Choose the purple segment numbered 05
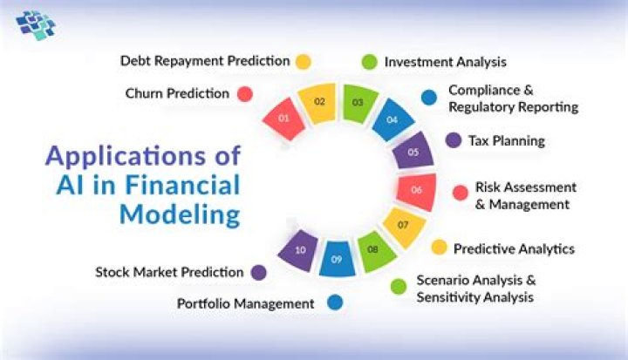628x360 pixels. click(x=412, y=152)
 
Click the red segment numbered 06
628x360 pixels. click(x=415, y=189)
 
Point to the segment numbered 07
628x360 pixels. click(x=402, y=226)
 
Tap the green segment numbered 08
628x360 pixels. click(x=372, y=251)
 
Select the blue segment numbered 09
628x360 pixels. click(x=336, y=259)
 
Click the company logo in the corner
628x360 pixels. click(x=36, y=26)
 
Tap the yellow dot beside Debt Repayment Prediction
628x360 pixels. click(x=304, y=62)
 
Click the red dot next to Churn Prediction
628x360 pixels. click(x=246, y=94)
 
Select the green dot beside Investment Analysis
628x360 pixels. click(x=369, y=62)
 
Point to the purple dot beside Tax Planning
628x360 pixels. click(x=454, y=140)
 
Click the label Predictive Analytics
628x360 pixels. click(x=514, y=249)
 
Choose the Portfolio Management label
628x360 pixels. click(x=245, y=304)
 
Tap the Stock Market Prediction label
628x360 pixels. click(x=169, y=272)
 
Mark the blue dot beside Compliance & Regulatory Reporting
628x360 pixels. click(x=428, y=98)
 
